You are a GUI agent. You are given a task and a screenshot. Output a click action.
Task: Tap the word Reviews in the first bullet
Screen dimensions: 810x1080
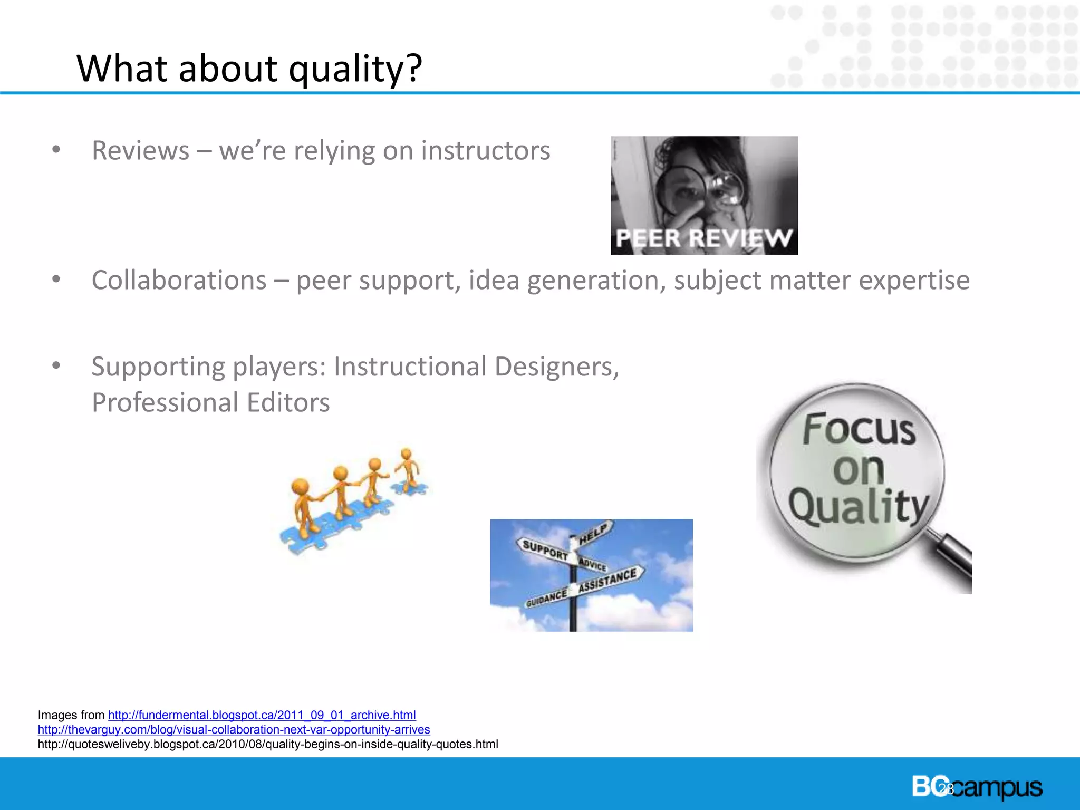tap(140, 151)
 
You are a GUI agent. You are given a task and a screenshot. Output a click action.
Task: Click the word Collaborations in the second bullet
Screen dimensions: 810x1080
tap(179, 280)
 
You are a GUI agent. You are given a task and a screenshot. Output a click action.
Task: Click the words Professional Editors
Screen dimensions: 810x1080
tap(210, 403)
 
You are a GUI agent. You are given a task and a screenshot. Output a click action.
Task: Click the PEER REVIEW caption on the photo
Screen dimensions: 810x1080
tap(703, 238)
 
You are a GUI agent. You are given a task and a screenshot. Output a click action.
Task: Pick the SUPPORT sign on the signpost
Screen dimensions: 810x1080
tap(545, 550)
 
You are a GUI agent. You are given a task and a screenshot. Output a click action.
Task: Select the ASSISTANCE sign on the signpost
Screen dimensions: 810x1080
tap(608, 580)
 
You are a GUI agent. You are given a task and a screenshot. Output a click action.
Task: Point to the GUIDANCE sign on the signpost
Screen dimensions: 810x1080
tap(546, 598)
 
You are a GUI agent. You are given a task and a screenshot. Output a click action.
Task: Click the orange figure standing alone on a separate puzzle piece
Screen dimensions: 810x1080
tap(408, 469)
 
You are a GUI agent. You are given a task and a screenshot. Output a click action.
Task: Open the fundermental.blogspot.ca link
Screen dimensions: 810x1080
tap(262, 715)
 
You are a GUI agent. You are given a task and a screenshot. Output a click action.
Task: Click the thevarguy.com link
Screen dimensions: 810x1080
tap(234, 730)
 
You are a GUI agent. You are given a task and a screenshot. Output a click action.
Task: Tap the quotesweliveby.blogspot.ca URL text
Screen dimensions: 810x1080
tap(267, 744)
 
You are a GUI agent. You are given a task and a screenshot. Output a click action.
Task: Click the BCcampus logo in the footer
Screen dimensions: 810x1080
tap(977, 787)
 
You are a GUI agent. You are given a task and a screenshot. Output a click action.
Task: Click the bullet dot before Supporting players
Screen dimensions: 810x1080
tap(56, 365)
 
